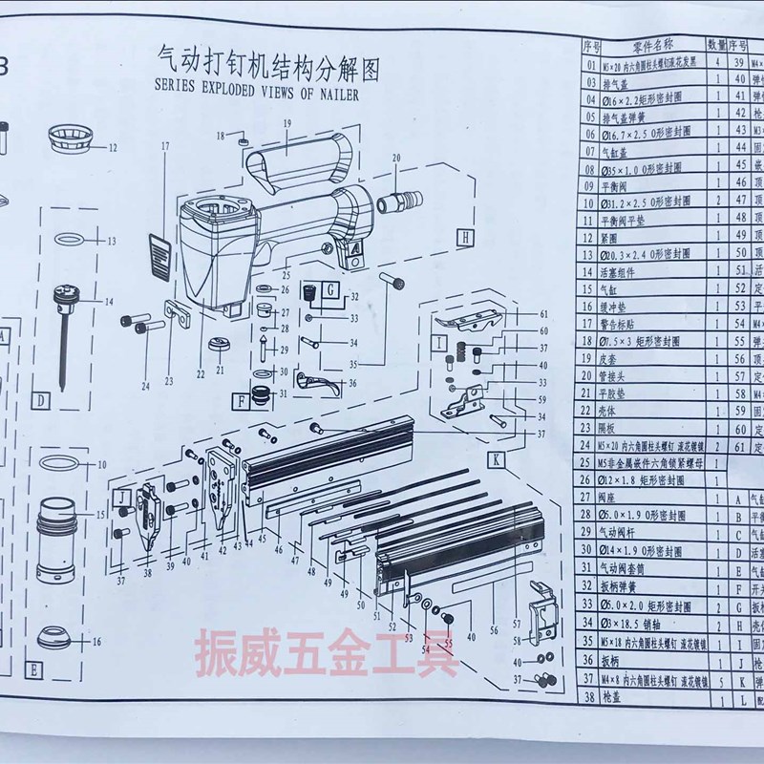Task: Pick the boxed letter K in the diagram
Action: point(498,459)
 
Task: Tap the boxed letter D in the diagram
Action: point(40,401)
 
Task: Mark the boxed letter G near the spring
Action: point(329,287)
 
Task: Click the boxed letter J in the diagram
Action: point(123,497)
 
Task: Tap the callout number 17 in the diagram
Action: point(164,146)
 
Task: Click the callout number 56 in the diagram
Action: point(493,631)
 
